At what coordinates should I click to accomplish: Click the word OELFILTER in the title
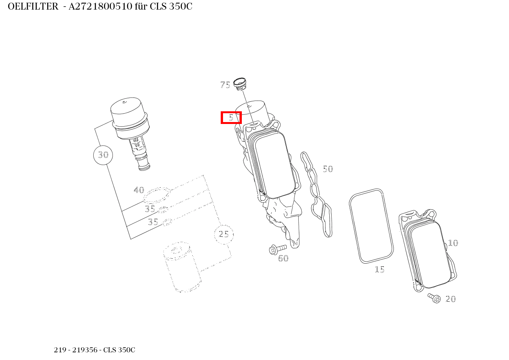(x=33, y=7)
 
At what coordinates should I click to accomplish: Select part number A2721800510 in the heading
(x=100, y=7)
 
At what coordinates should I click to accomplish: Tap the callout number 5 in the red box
(x=231, y=118)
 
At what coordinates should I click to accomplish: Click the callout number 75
(x=225, y=85)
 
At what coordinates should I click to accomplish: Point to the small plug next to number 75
(x=240, y=84)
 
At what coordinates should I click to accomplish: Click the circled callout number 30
(x=103, y=155)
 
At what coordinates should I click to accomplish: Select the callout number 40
(x=139, y=190)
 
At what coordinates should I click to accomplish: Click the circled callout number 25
(x=224, y=234)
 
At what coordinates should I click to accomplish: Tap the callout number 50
(x=328, y=169)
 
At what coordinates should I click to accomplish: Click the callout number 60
(x=283, y=258)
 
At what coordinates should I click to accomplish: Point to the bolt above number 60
(x=278, y=249)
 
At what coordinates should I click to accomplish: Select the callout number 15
(x=380, y=269)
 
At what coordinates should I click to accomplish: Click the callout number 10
(x=453, y=243)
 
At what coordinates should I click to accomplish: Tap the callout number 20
(x=451, y=299)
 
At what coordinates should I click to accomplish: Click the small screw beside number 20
(x=434, y=298)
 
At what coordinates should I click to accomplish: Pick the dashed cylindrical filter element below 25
(x=182, y=267)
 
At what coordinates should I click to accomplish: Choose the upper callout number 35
(x=150, y=209)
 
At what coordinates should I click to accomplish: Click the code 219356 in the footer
(x=85, y=350)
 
